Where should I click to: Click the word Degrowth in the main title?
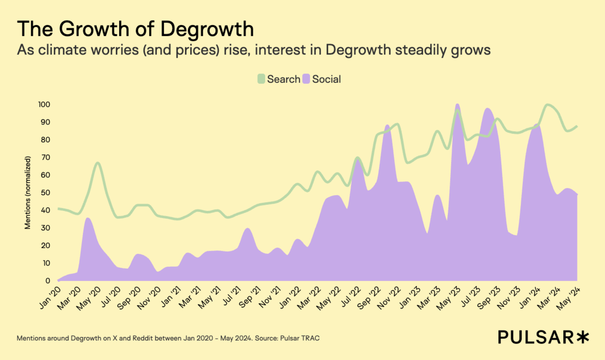pyautogui.click(x=207, y=29)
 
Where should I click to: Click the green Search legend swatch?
pyautogui.click(x=261, y=79)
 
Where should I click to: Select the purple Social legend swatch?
pyautogui.click(x=306, y=79)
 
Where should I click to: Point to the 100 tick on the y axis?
pyautogui.click(x=44, y=104)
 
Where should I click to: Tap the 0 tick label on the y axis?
pyautogui.click(x=47, y=280)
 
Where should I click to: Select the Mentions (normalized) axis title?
pyautogui.click(x=28, y=193)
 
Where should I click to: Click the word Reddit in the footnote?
pyautogui.click(x=143, y=338)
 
